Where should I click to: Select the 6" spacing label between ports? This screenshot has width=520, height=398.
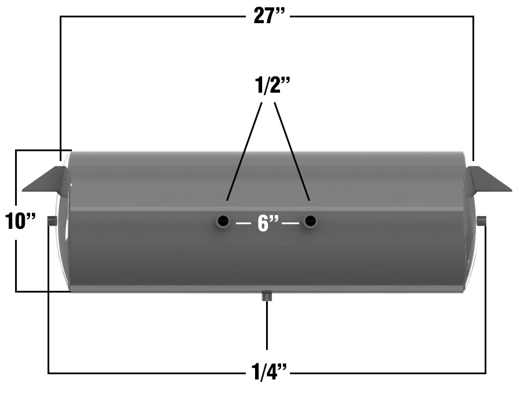pyautogui.click(x=268, y=222)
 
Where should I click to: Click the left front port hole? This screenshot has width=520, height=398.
pyautogui.click(x=223, y=221)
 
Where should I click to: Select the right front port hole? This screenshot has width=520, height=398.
pyautogui.click(x=310, y=221)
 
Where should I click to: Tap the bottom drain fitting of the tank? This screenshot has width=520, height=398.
pyautogui.click(x=267, y=296)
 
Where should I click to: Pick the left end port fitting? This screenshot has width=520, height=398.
pyautogui.click(x=52, y=220)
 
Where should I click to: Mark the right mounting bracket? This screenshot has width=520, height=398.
pyautogui.click(x=488, y=180)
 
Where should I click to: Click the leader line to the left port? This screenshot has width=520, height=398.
pyautogui.click(x=243, y=152)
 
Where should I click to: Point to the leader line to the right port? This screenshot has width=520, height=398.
pyautogui.click(x=291, y=152)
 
